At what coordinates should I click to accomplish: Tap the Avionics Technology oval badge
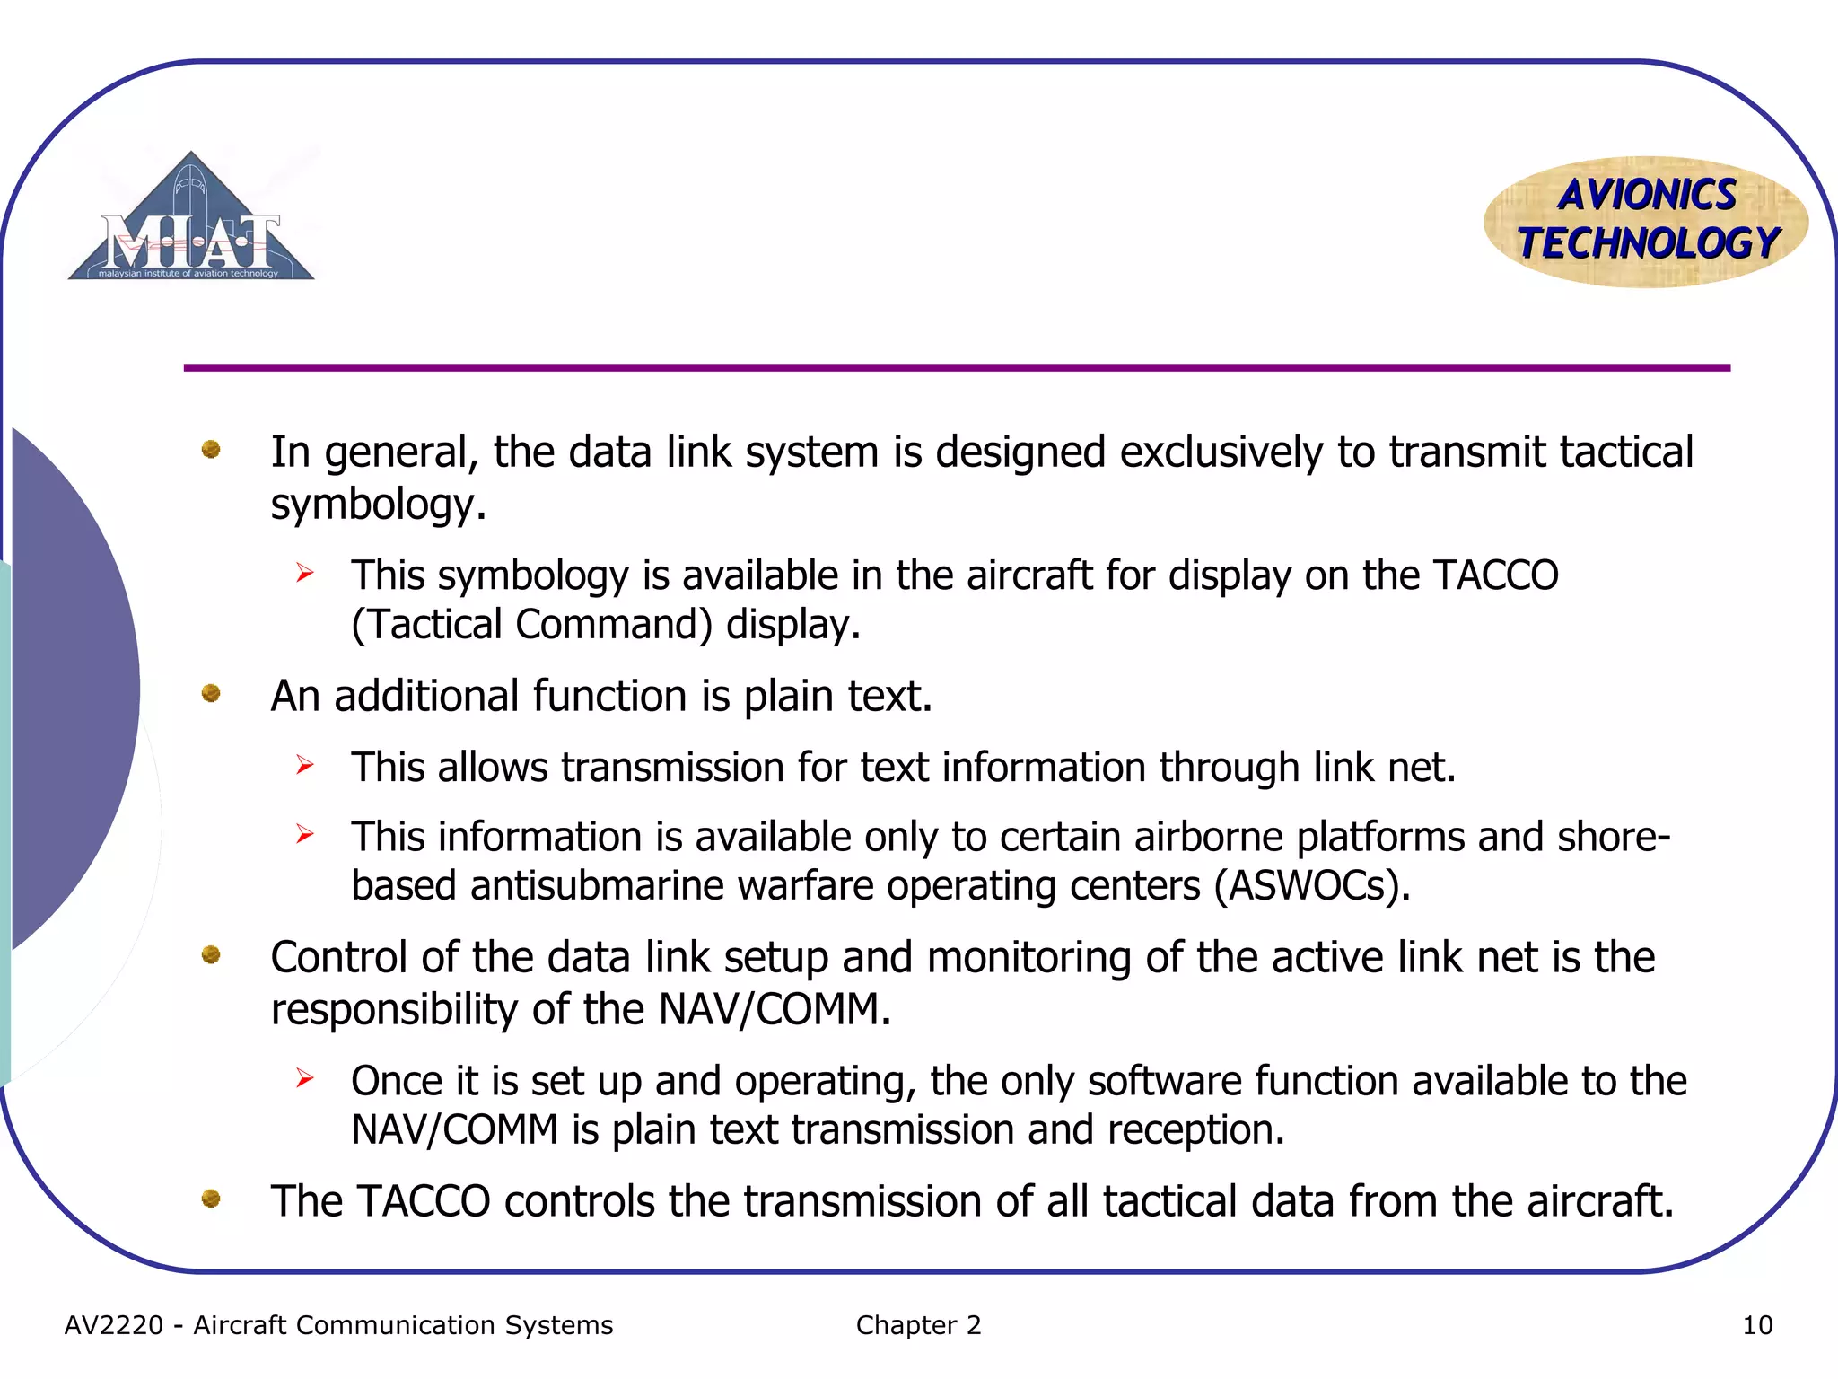[1647, 221]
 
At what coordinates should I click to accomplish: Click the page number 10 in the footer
[1757, 1325]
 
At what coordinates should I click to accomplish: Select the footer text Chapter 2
[918, 1325]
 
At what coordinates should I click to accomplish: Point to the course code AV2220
[114, 1325]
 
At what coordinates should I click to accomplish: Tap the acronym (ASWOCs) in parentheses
[1311, 886]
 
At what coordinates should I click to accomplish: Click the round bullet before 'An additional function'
[211, 693]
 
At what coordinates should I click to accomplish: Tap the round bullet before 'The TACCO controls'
[211, 1199]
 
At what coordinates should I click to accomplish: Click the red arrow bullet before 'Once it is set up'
[305, 1078]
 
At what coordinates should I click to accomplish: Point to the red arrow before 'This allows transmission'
[305, 765]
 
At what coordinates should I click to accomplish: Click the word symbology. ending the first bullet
[378, 505]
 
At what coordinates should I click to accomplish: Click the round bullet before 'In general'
[211, 449]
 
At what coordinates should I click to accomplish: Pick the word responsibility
[394, 1010]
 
